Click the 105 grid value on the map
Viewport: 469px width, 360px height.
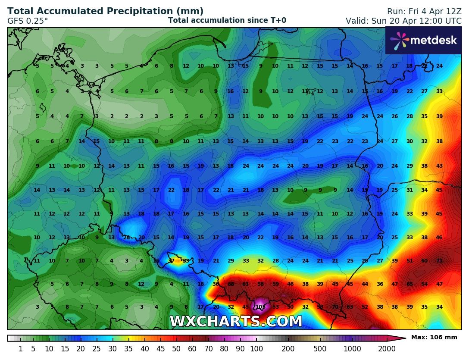point(260,307)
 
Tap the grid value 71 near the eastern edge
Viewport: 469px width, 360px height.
point(439,261)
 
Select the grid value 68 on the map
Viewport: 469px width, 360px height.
point(231,284)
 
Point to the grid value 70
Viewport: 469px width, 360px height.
point(335,307)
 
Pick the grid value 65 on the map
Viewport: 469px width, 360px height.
point(410,284)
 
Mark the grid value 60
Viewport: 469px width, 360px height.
point(425,261)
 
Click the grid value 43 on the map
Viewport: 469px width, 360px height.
point(439,166)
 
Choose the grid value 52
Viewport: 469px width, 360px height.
point(365,307)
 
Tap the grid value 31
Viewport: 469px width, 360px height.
point(410,190)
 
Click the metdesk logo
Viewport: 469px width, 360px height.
point(423,41)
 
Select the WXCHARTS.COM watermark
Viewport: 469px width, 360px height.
point(236,322)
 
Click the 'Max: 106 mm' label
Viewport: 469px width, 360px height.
point(434,337)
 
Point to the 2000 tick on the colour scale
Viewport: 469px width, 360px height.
point(387,349)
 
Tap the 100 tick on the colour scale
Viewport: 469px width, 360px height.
point(256,349)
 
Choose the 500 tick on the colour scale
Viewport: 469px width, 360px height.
point(320,349)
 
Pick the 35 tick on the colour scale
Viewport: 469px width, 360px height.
point(128,349)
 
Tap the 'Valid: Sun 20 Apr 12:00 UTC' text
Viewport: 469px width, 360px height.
point(403,21)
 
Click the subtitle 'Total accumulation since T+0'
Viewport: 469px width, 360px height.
point(227,20)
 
